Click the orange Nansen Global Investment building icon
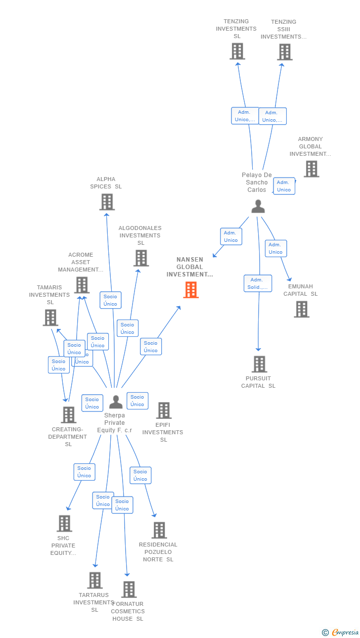click(x=191, y=290)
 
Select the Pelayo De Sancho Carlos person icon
click(x=258, y=206)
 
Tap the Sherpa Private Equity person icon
click(x=116, y=402)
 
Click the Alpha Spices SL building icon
click(x=107, y=202)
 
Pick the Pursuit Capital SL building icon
click(x=259, y=364)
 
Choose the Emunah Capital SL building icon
click(x=302, y=309)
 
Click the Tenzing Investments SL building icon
click(x=237, y=51)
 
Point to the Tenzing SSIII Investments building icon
click(x=284, y=52)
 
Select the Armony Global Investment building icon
click(x=311, y=169)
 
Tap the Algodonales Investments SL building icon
click(x=141, y=258)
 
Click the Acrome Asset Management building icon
click(x=82, y=285)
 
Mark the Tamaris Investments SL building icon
click(x=50, y=318)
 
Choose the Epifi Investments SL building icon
click(x=164, y=410)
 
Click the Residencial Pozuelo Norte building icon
click(x=159, y=530)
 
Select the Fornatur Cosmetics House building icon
click(x=129, y=589)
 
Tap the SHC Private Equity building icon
click(x=64, y=523)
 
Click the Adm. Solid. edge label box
click(x=258, y=283)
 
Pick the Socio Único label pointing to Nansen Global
click(x=151, y=347)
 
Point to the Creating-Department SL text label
click(x=68, y=437)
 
